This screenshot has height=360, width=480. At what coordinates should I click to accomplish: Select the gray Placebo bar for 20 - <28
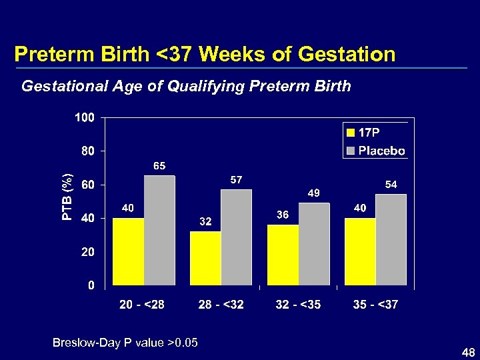(159, 231)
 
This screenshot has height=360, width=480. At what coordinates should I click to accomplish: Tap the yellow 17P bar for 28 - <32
(205, 259)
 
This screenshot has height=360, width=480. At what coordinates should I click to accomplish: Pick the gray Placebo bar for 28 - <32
(237, 238)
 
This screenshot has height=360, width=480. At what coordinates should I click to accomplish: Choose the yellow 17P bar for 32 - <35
(283, 255)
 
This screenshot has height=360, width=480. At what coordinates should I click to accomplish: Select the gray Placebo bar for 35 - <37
(391, 240)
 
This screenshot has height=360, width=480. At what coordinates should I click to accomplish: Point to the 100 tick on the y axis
(84, 117)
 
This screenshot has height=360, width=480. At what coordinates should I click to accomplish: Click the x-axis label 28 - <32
(221, 305)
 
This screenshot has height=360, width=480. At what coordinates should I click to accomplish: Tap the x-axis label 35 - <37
(375, 305)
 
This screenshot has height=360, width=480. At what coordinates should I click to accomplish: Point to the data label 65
(159, 165)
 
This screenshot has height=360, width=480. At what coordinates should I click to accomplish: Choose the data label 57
(237, 179)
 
